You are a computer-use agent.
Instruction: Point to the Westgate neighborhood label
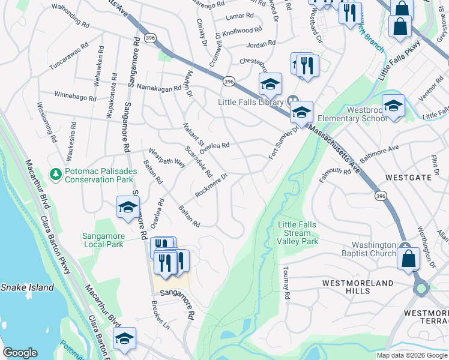click(x=408, y=178)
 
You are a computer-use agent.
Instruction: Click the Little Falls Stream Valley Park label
click(x=297, y=233)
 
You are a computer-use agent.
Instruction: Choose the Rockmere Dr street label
click(x=211, y=186)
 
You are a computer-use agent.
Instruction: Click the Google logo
click(x=20, y=353)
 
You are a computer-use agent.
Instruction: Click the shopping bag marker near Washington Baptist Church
click(x=408, y=259)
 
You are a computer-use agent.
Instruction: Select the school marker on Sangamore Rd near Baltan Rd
click(x=128, y=207)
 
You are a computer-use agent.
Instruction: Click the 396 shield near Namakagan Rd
click(x=228, y=80)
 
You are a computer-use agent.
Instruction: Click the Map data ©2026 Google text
click(x=412, y=355)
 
